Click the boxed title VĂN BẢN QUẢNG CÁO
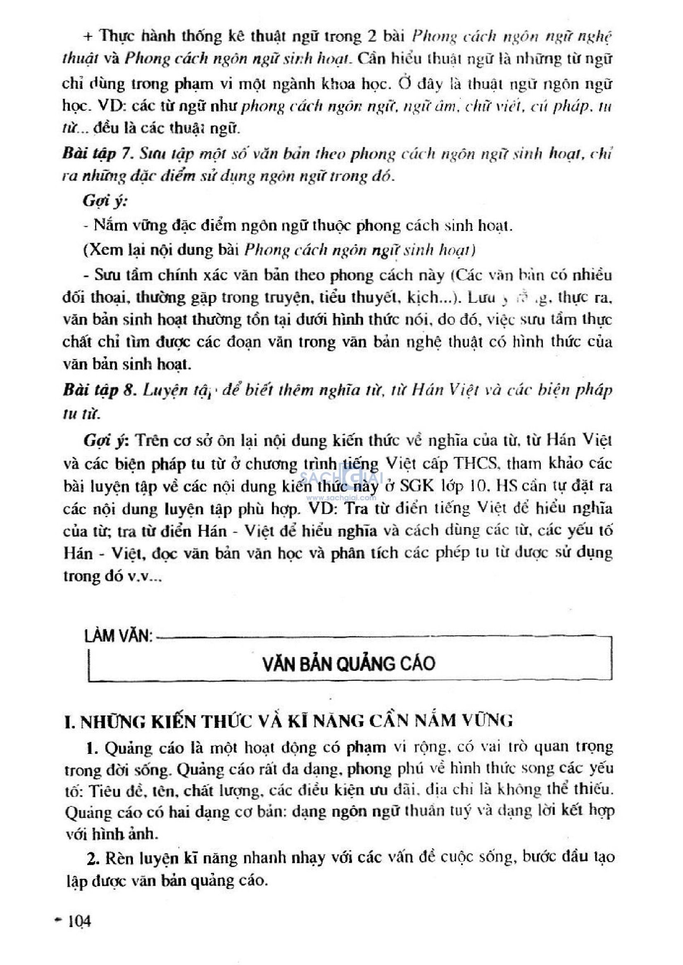click(x=349, y=664)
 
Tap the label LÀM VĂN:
click(x=118, y=635)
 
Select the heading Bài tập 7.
click(x=98, y=154)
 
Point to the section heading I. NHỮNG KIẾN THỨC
click(x=288, y=722)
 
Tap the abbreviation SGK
click(x=416, y=486)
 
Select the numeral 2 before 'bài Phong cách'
click(x=372, y=37)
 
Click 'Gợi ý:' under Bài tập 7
click(x=105, y=201)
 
